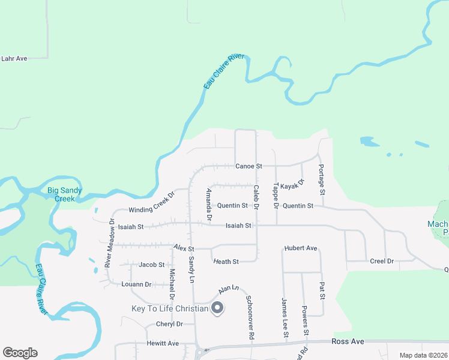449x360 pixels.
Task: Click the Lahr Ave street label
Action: [x=14, y=59]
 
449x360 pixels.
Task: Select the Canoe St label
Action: [x=249, y=166]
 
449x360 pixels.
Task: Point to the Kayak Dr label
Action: [x=292, y=184]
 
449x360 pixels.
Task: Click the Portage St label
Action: [x=321, y=179]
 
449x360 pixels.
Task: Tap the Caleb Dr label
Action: [x=256, y=197]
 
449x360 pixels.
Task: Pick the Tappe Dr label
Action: [x=276, y=196]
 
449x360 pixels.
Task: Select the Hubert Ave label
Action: [x=300, y=248]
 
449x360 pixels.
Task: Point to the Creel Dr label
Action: [x=381, y=261]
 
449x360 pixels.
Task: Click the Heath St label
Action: [x=226, y=262]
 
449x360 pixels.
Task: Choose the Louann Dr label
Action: [x=136, y=284]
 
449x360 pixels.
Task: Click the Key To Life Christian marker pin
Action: [x=218, y=308]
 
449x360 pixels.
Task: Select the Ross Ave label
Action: [x=348, y=341]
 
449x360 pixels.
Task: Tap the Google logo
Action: [x=20, y=353]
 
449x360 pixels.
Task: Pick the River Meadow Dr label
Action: [x=109, y=242]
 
